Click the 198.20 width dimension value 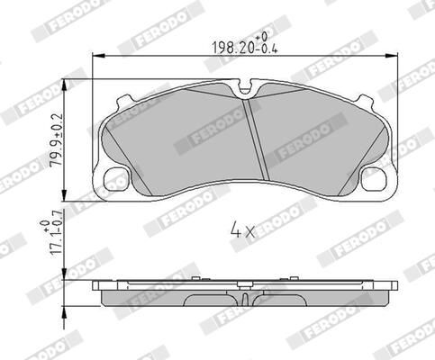226,46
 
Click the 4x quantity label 242,229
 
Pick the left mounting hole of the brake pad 115,179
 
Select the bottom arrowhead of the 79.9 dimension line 67,199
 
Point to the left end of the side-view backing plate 96,285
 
